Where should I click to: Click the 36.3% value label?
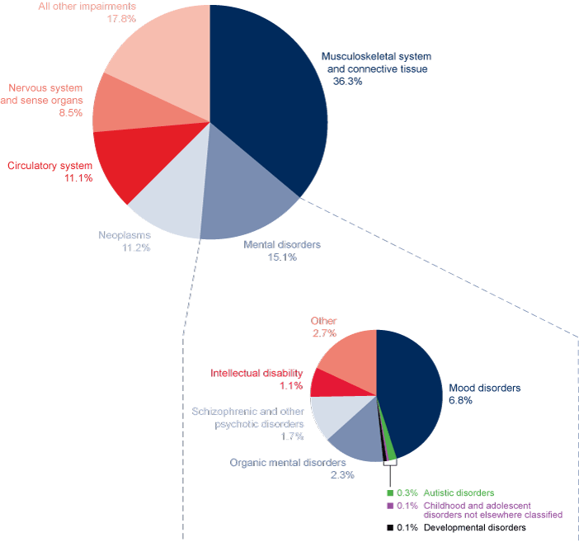(347, 82)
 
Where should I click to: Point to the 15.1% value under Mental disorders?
(281, 257)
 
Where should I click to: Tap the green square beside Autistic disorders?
(390, 493)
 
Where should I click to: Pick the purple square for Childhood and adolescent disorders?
(390, 505)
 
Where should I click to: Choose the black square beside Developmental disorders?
(390, 527)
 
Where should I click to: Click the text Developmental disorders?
(474, 527)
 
